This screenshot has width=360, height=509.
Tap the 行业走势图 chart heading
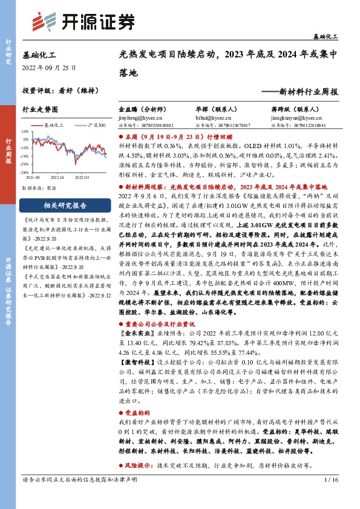[40, 110]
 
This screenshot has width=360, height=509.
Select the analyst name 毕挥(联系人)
[211, 110]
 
